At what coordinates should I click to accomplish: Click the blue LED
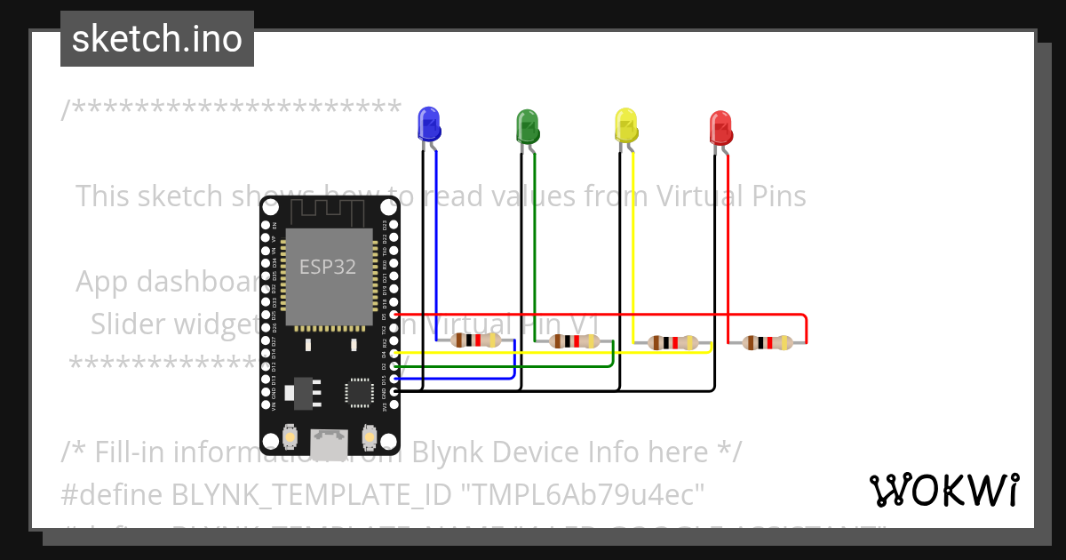429,124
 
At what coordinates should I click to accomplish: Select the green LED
528,125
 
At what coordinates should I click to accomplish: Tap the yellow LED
626,125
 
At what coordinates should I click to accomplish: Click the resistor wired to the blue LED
476,340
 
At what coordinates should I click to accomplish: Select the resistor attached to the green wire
575,340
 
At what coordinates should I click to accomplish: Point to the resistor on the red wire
768,342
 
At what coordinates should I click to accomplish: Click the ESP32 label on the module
328,267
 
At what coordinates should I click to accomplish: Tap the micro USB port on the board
329,440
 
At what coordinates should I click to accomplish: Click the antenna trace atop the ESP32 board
329,212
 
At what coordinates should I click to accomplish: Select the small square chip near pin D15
360,392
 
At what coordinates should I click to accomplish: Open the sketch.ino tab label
157,39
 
